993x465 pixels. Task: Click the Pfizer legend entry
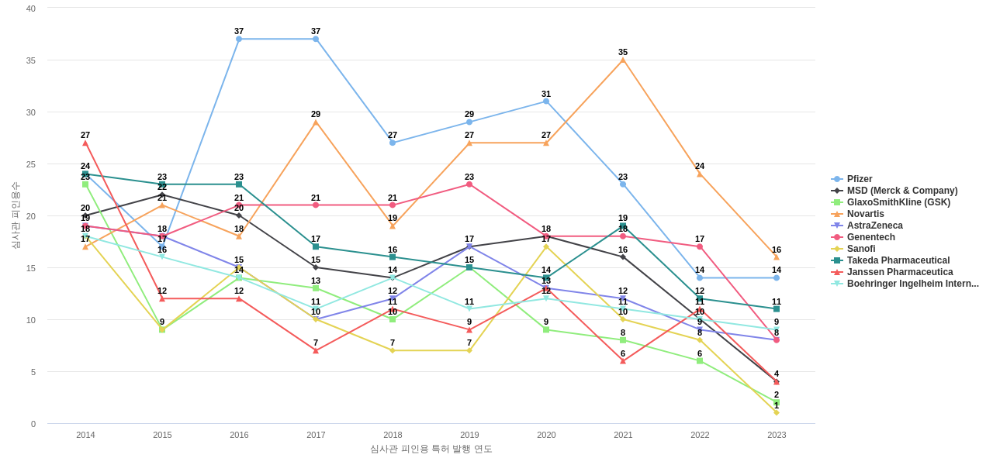coord(859,179)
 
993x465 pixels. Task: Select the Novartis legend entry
coord(865,214)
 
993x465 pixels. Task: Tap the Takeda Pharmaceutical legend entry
coord(898,260)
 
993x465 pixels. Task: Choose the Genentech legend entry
coord(870,237)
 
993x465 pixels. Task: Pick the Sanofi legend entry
coord(860,249)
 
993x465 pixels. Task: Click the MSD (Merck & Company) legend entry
coord(901,191)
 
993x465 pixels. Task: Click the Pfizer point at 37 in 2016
coord(239,39)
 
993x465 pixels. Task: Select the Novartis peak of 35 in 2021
coord(623,60)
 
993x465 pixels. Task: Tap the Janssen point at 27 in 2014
coord(85,143)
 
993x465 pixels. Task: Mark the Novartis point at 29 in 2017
coord(316,122)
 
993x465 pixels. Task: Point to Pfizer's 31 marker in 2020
coord(546,102)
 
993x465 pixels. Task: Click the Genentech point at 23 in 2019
coord(469,184)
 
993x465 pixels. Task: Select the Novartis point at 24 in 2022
coord(700,174)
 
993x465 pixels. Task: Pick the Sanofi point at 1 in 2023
coord(777,412)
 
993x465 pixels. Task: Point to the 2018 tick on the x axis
coord(393,435)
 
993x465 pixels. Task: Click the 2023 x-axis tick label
coord(777,435)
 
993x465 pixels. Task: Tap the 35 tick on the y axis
coord(31,60)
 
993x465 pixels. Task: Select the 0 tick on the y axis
coord(33,424)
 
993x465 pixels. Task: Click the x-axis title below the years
coord(431,449)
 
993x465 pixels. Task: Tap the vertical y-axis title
coord(16,215)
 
